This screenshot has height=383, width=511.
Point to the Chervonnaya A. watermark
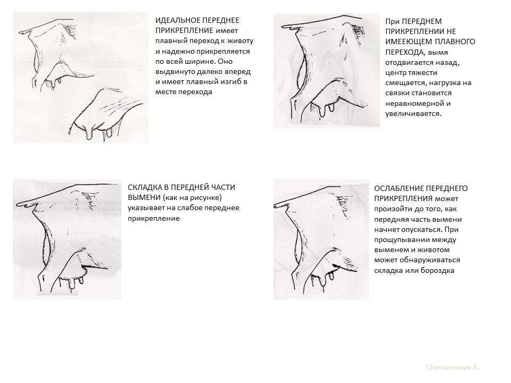tap(452, 368)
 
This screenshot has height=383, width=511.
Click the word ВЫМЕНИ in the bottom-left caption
tap(143, 198)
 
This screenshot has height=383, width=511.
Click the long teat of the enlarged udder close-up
tap(89, 134)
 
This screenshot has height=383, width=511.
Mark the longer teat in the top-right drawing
tap(323, 111)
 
